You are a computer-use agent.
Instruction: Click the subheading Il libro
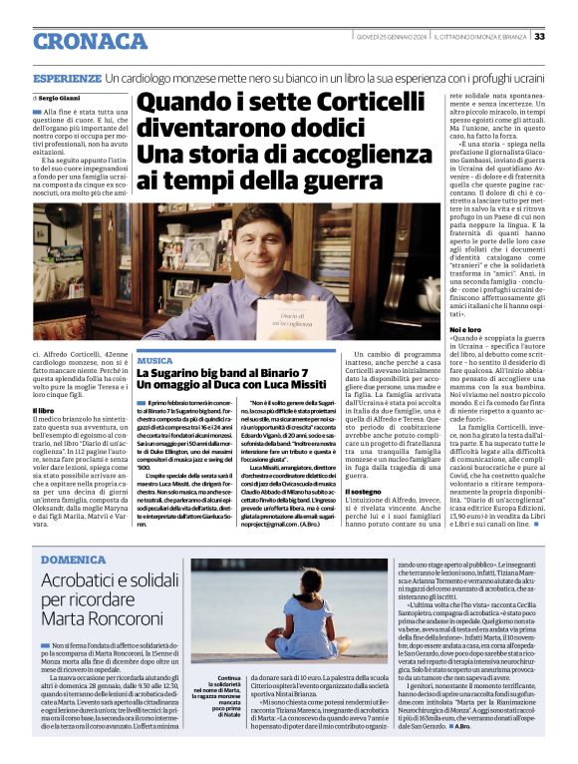46,381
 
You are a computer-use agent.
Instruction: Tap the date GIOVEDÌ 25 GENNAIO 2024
393,37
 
